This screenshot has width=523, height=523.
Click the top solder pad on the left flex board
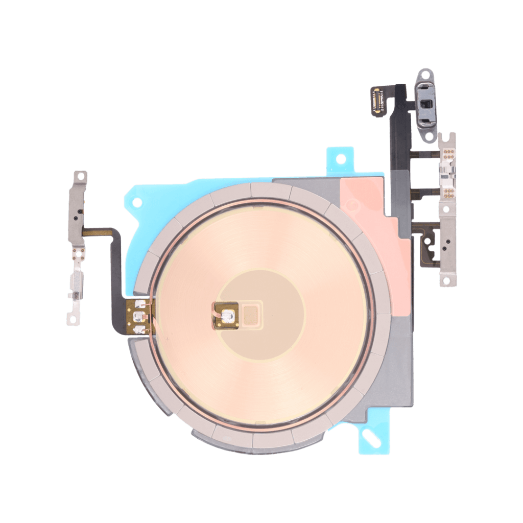coord(139,306)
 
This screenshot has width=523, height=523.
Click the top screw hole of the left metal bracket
coord(79,176)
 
